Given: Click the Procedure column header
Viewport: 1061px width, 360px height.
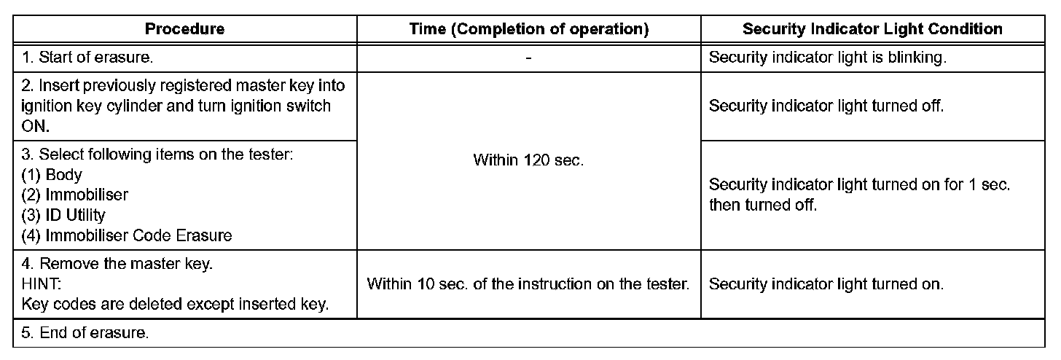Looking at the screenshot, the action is point(184,30).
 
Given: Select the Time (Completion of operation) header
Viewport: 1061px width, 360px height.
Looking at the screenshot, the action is point(528,30).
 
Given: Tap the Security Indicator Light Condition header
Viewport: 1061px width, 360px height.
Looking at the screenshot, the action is point(872,30).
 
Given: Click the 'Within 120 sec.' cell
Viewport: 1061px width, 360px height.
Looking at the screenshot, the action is point(528,160).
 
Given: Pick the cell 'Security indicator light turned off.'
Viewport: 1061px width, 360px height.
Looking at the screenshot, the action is point(826,106).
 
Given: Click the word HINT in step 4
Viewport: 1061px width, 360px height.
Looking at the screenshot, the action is point(41,284).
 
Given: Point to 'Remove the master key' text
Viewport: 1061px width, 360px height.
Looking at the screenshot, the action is point(117,265).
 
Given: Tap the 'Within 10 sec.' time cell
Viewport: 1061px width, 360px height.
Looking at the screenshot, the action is point(528,284).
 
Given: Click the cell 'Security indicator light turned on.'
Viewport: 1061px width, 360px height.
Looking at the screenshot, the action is point(826,284).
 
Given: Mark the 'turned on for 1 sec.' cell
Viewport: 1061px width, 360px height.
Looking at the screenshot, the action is point(859,195).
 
